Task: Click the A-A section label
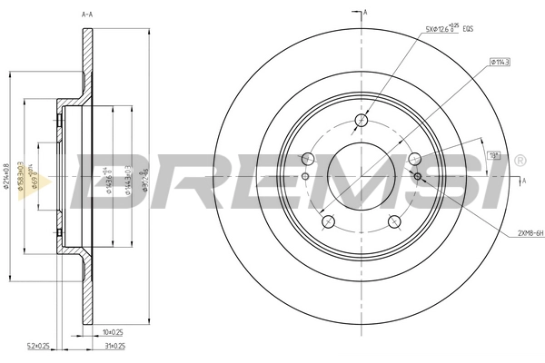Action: (88, 15)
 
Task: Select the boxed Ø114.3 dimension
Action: (500, 62)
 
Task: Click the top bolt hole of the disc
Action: (362, 120)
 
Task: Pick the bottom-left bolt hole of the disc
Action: (327, 221)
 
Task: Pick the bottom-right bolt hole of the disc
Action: (394, 221)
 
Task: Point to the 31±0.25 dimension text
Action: (116, 346)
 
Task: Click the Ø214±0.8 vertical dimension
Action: (8, 176)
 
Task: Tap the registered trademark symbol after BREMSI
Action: (519, 161)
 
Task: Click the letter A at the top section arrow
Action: (365, 12)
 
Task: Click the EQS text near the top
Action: (469, 30)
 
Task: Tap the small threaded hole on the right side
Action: (417, 176)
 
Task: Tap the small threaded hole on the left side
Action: (306, 176)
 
